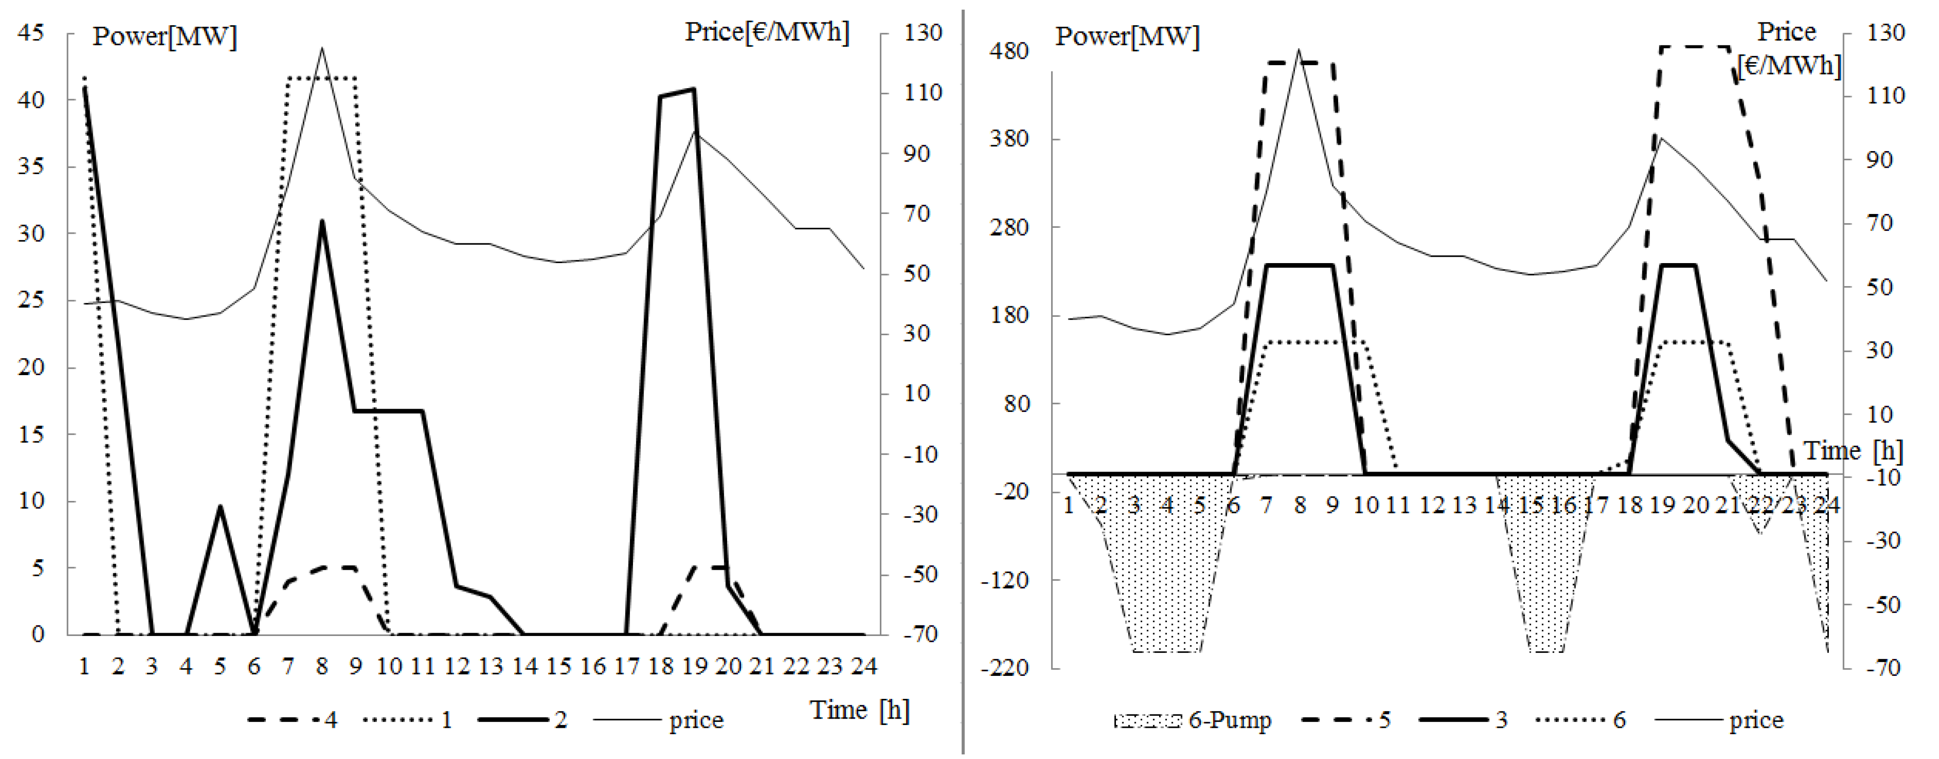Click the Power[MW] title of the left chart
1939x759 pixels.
pos(164,36)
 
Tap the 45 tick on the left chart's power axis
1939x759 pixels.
pos(31,33)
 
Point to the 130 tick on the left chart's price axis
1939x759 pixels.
pos(922,33)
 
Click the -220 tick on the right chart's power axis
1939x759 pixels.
pos(1005,668)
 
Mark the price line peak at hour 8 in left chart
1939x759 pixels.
pos(322,49)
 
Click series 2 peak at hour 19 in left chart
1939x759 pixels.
pos(693,89)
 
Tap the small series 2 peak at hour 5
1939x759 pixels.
pos(220,506)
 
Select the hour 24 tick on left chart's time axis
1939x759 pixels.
pos(863,666)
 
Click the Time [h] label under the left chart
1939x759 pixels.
pos(859,709)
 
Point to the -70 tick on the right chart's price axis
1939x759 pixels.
pos(1883,668)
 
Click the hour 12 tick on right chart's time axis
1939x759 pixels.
pos(1430,505)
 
